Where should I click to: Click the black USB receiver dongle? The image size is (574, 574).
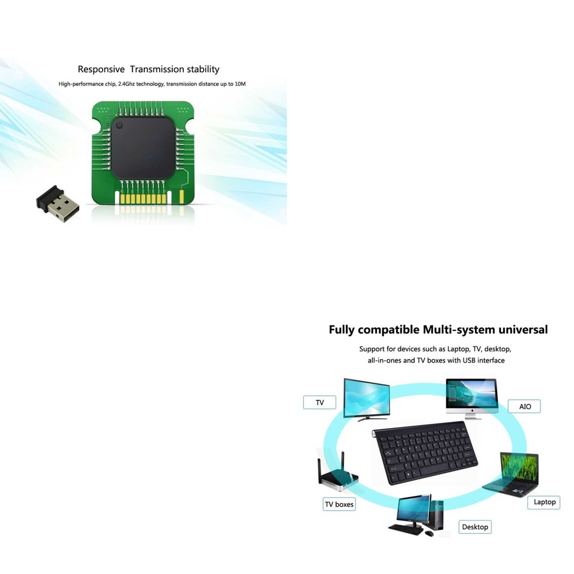click(x=58, y=204)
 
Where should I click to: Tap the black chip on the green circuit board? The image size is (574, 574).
click(x=143, y=147)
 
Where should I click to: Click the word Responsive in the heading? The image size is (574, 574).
click(x=101, y=70)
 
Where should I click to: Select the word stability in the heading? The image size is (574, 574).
click(x=203, y=70)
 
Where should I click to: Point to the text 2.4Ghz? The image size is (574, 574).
click(x=127, y=84)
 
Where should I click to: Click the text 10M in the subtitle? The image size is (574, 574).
click(x=240, y=84)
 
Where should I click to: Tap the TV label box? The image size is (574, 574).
click(x=320, y=402)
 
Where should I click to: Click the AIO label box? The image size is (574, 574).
click(x=525, y=406)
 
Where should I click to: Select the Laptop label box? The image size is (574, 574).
click(x=544, y=502)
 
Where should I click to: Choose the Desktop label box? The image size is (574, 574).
click(x=475, y=527)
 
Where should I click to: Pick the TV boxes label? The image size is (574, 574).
click(x=339, y=504)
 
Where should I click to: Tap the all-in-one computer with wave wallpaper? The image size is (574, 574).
click(x=471, y=396)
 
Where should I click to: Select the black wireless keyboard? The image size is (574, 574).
click(x=425, y=452)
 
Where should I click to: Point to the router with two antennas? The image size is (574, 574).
click(x=336, y=475)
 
